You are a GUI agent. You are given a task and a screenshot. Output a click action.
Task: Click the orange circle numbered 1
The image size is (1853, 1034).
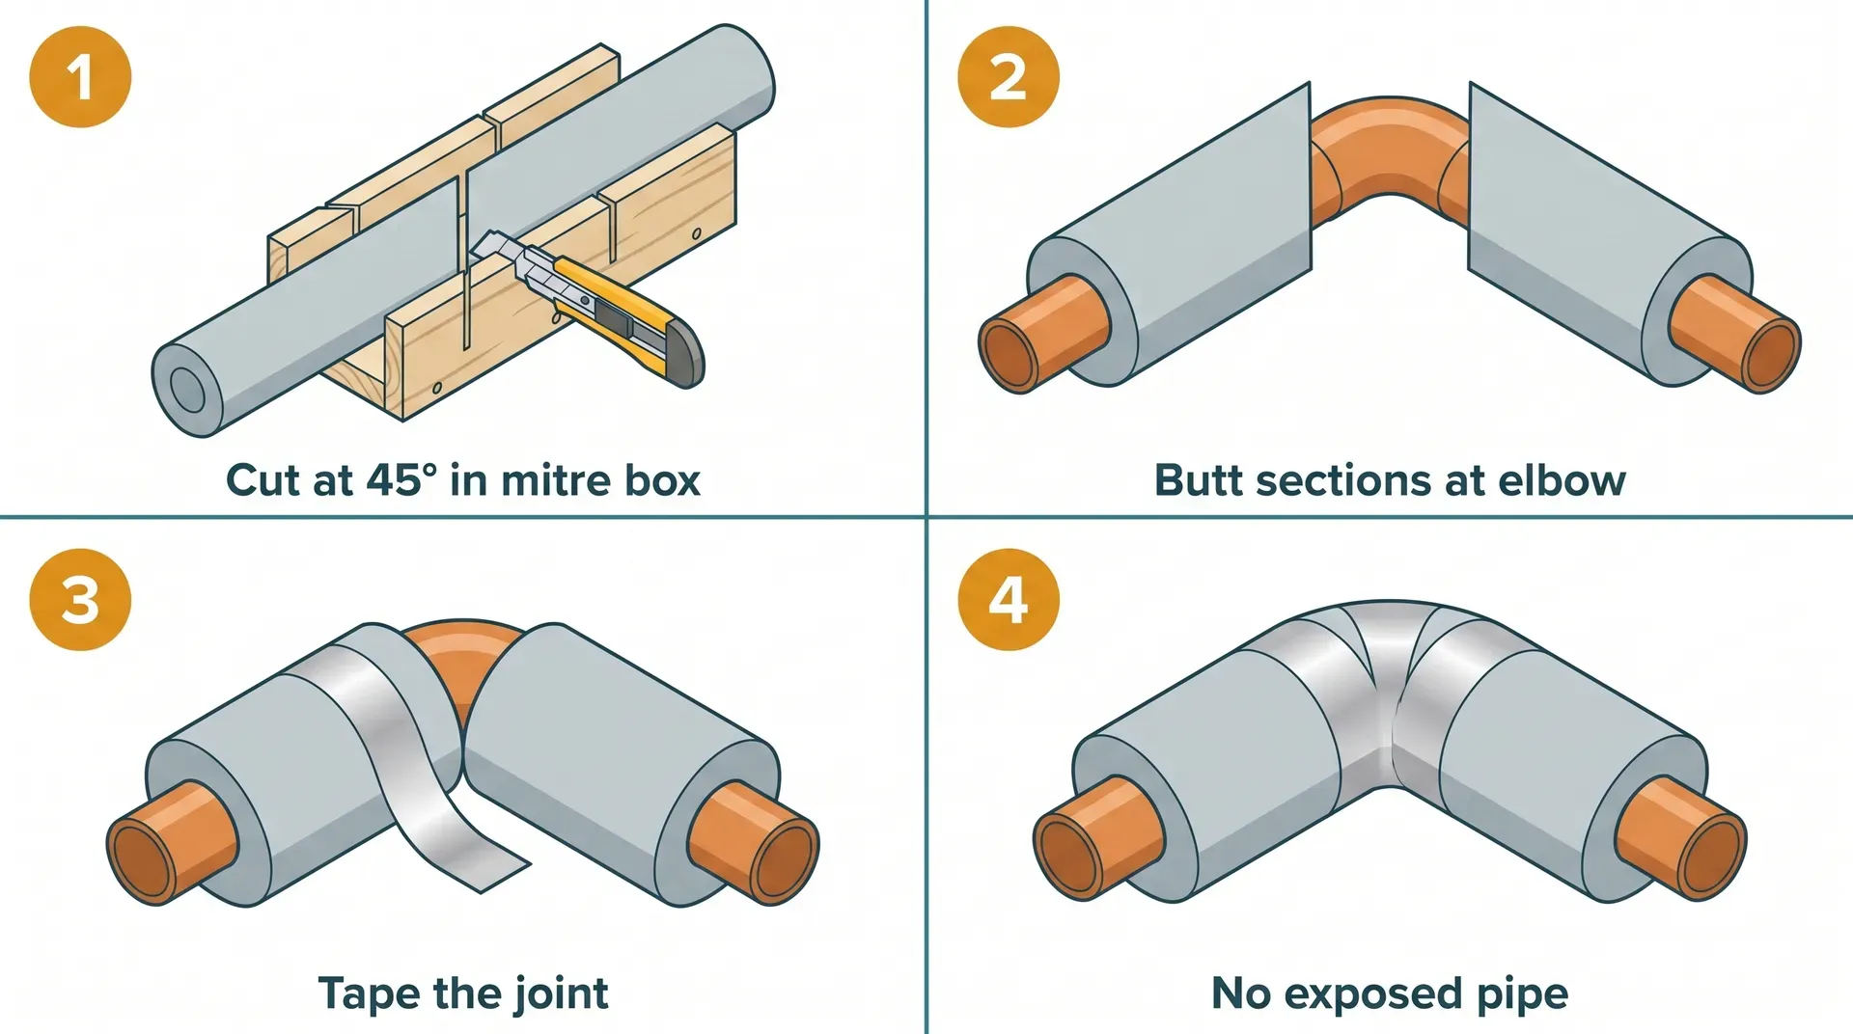coord(80,77)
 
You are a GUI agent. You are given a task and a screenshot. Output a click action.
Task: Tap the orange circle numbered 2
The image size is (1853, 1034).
coord(1008,77)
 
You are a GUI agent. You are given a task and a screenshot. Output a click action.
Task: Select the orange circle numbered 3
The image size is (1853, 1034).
coord(80,599)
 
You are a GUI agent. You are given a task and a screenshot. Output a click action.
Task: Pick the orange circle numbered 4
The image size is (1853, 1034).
coord(1008,599)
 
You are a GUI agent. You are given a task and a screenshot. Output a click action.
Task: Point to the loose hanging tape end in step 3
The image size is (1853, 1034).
coord(483,854)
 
